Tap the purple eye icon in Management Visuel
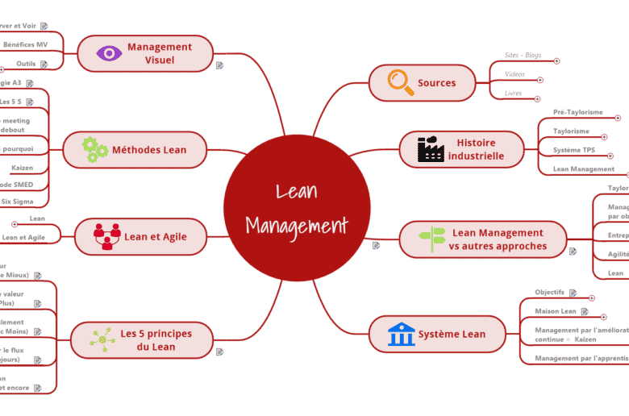click(x=109, y=53)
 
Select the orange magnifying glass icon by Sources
click(x=398, y=82)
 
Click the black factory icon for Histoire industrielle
click(x=430, y=149)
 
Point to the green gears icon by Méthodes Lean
click(x=94, y=149)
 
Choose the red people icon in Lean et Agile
click(x=106, y=236)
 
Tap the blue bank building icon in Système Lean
click(x=401, y=334)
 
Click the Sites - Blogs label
click(x=523, y=56)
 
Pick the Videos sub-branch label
click(x=514, y=74)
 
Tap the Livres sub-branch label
click(x=513, y=94)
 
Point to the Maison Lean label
click(x=556, y=311)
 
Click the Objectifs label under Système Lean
click(x=549, y=292)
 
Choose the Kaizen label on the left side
click(x=23, y=168)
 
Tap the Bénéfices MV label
click(x=25, y=44)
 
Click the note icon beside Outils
click(x=44, y=64)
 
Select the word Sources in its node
click(x=436, y=83)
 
